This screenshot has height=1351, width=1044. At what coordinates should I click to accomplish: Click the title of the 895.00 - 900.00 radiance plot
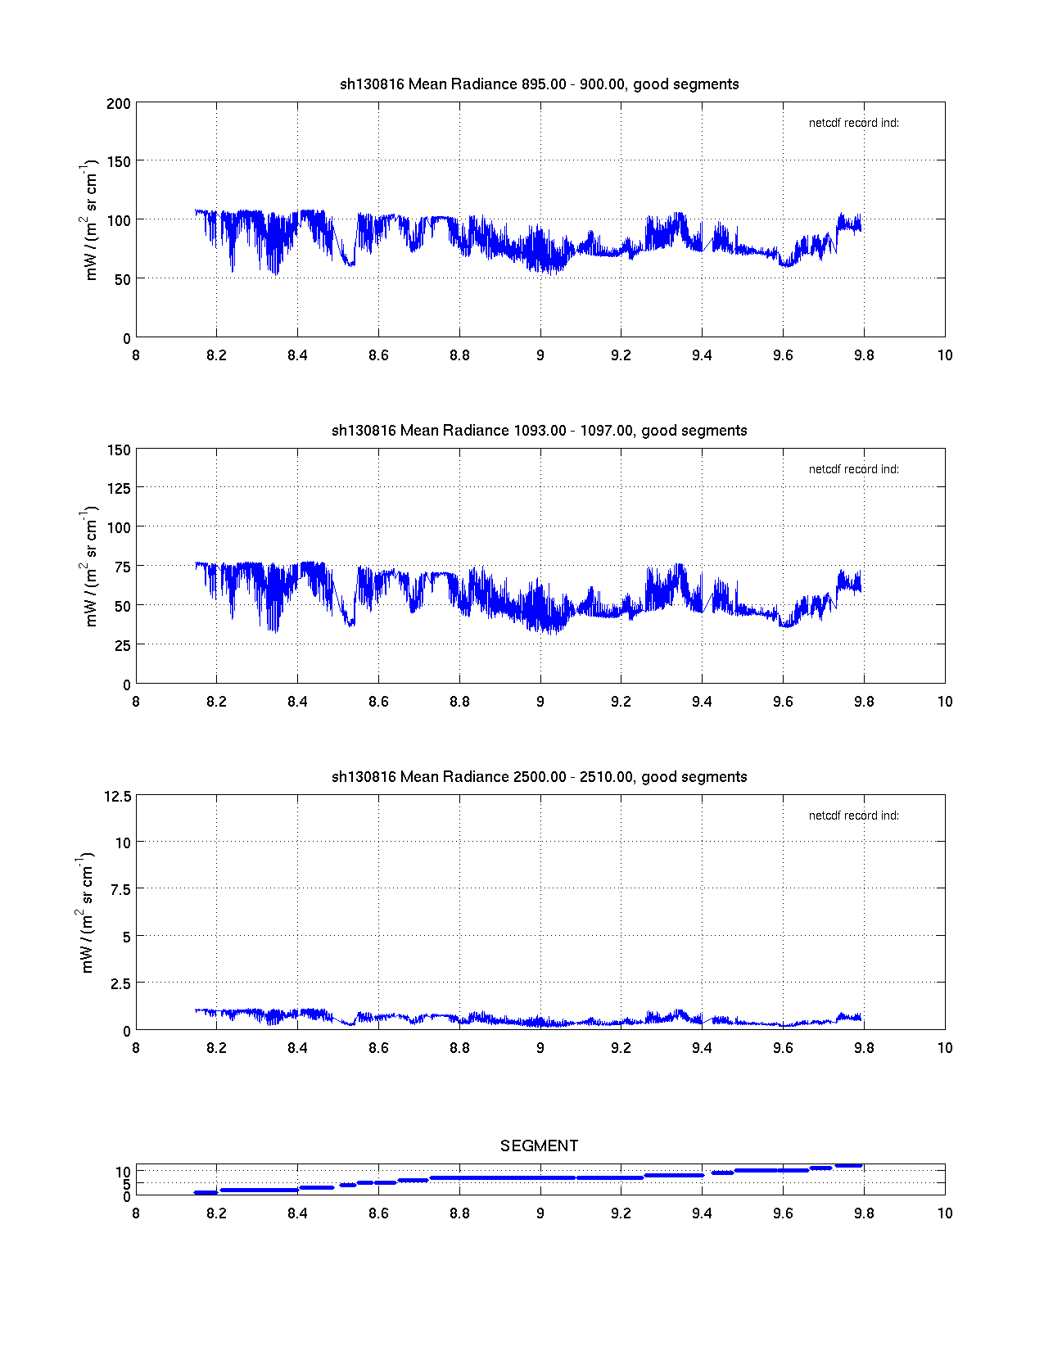[539, 84]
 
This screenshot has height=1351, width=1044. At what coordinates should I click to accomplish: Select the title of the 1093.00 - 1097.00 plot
[539, 431]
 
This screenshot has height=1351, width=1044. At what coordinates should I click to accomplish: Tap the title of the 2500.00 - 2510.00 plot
[539, 777]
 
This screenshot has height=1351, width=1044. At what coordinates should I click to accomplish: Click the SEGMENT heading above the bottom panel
[539, 1146]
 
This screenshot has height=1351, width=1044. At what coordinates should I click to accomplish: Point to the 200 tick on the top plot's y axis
[119, 103]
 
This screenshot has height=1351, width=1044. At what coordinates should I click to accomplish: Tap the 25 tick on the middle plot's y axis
[122, 646]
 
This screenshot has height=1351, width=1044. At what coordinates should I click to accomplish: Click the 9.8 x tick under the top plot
[864, 355]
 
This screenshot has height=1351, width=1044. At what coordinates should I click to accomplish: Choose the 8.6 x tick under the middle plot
[378, 702]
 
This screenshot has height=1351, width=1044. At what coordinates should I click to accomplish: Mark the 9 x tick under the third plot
[540, 1048]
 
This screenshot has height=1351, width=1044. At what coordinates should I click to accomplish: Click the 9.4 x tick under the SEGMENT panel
[702, 1213]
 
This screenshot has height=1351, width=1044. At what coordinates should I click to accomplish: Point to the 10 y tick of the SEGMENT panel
[123, 1172]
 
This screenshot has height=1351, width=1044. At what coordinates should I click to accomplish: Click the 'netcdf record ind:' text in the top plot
[853, 124]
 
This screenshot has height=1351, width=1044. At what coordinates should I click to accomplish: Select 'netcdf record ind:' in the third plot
[853, 816]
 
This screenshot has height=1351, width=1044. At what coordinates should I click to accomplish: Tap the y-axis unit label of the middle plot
[91, 567]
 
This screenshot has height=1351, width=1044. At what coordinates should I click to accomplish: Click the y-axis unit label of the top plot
[91, 220]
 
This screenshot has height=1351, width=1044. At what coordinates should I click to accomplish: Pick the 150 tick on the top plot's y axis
[119, 162]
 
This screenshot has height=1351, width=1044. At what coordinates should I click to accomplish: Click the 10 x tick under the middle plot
[945, 702]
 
